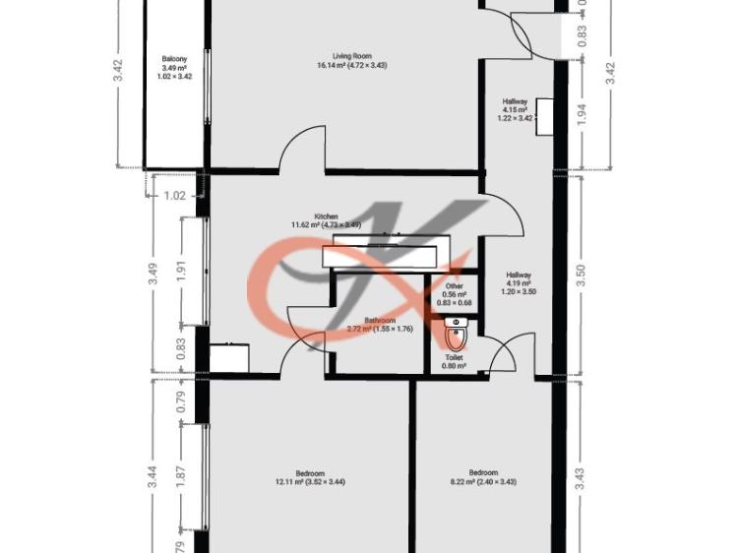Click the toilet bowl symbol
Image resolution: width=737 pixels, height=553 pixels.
455,338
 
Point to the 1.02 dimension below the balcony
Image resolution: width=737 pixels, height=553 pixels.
173,196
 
